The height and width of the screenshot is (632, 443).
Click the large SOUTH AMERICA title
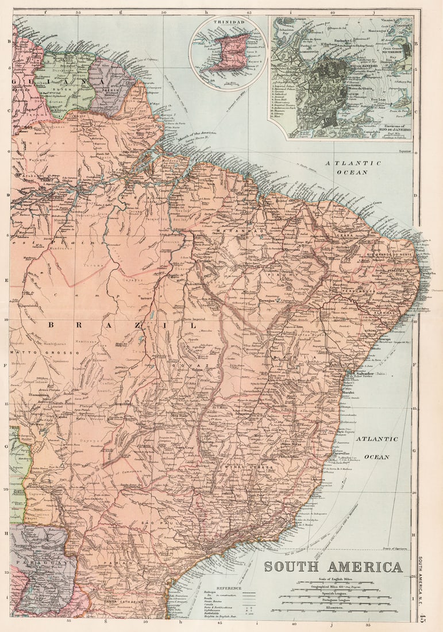[333, 567]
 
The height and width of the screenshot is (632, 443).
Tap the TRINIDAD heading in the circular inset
[229, 22]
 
